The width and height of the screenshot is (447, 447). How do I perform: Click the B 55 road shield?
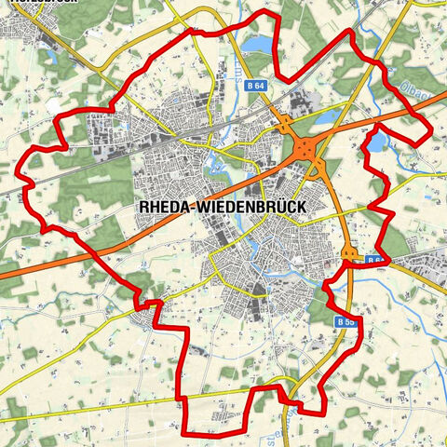[x=345, y=321]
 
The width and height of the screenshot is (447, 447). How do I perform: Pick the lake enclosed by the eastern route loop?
[x=379, y=141]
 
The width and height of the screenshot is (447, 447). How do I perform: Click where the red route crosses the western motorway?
[x=88, y=249]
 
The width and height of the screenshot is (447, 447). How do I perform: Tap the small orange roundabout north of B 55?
[x=349, y=253]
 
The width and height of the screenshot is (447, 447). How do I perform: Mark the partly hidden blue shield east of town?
[x=374, y=260]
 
